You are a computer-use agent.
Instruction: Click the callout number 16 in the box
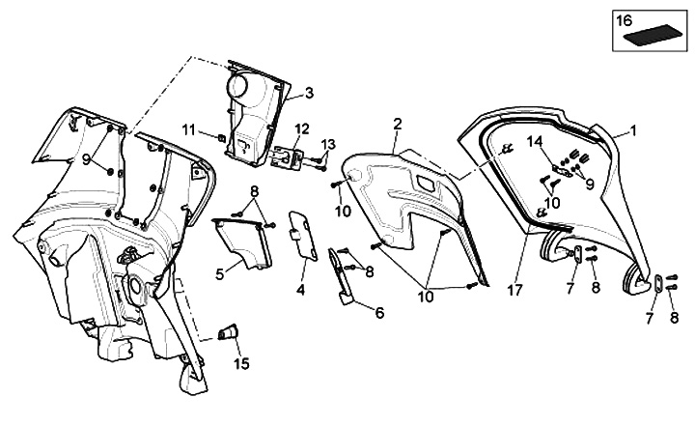(625, 18)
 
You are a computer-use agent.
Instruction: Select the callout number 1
(633, 129)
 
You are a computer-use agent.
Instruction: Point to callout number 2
(397, 124)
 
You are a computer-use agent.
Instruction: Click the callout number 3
(309, 94)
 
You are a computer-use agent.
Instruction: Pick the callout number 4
(301, 289)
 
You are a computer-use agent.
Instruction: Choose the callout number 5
(219, 274)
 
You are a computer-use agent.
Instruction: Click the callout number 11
(190, 129)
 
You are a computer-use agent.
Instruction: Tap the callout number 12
(302, 128)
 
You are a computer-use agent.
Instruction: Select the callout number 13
(329, 144)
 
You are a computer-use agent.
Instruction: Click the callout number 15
(241, 364)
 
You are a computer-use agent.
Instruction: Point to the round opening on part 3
(237, 86)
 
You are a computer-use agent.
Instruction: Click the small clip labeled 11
(224, 137)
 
